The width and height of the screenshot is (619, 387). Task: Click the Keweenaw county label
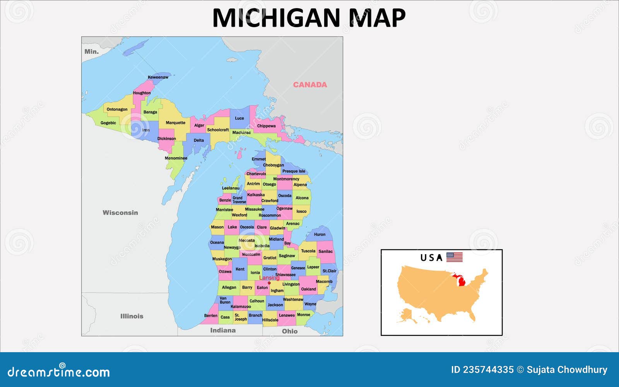(x=158, y=77)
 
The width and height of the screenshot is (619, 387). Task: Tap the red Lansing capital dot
(x=269, y=283)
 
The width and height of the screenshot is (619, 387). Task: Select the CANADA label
(x=309, y=85)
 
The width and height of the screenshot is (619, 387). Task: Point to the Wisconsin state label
(x=120, y=212)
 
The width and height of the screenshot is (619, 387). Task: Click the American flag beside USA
(x=454, y=257)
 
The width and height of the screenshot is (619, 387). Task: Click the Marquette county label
(x=175, y=123)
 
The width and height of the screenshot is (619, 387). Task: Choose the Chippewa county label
(x=266, y=126)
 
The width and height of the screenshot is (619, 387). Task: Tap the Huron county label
(x=320, y=235)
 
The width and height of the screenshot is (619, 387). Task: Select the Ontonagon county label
(x=117, y=110)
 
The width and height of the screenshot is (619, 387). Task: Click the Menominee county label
(x=176, y=158)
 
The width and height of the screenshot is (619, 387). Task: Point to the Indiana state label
(x=222, y=330)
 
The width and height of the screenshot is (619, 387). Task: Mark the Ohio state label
(x=289, y=331)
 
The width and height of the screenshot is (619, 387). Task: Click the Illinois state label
(x=132, y=316)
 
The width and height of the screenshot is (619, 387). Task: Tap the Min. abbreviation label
(x=92, y=51)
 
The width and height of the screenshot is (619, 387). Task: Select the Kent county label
(x=240, y=269)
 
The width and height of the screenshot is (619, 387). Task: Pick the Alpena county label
(x=300, y=185)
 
